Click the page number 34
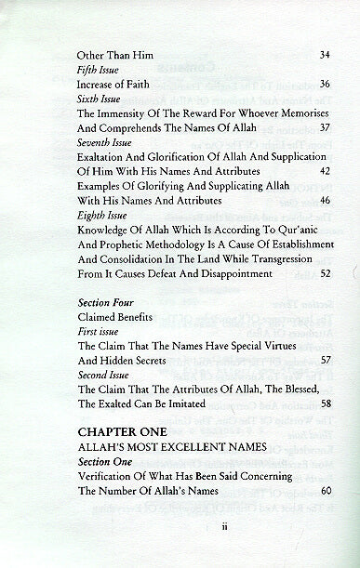coord(324,55)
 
